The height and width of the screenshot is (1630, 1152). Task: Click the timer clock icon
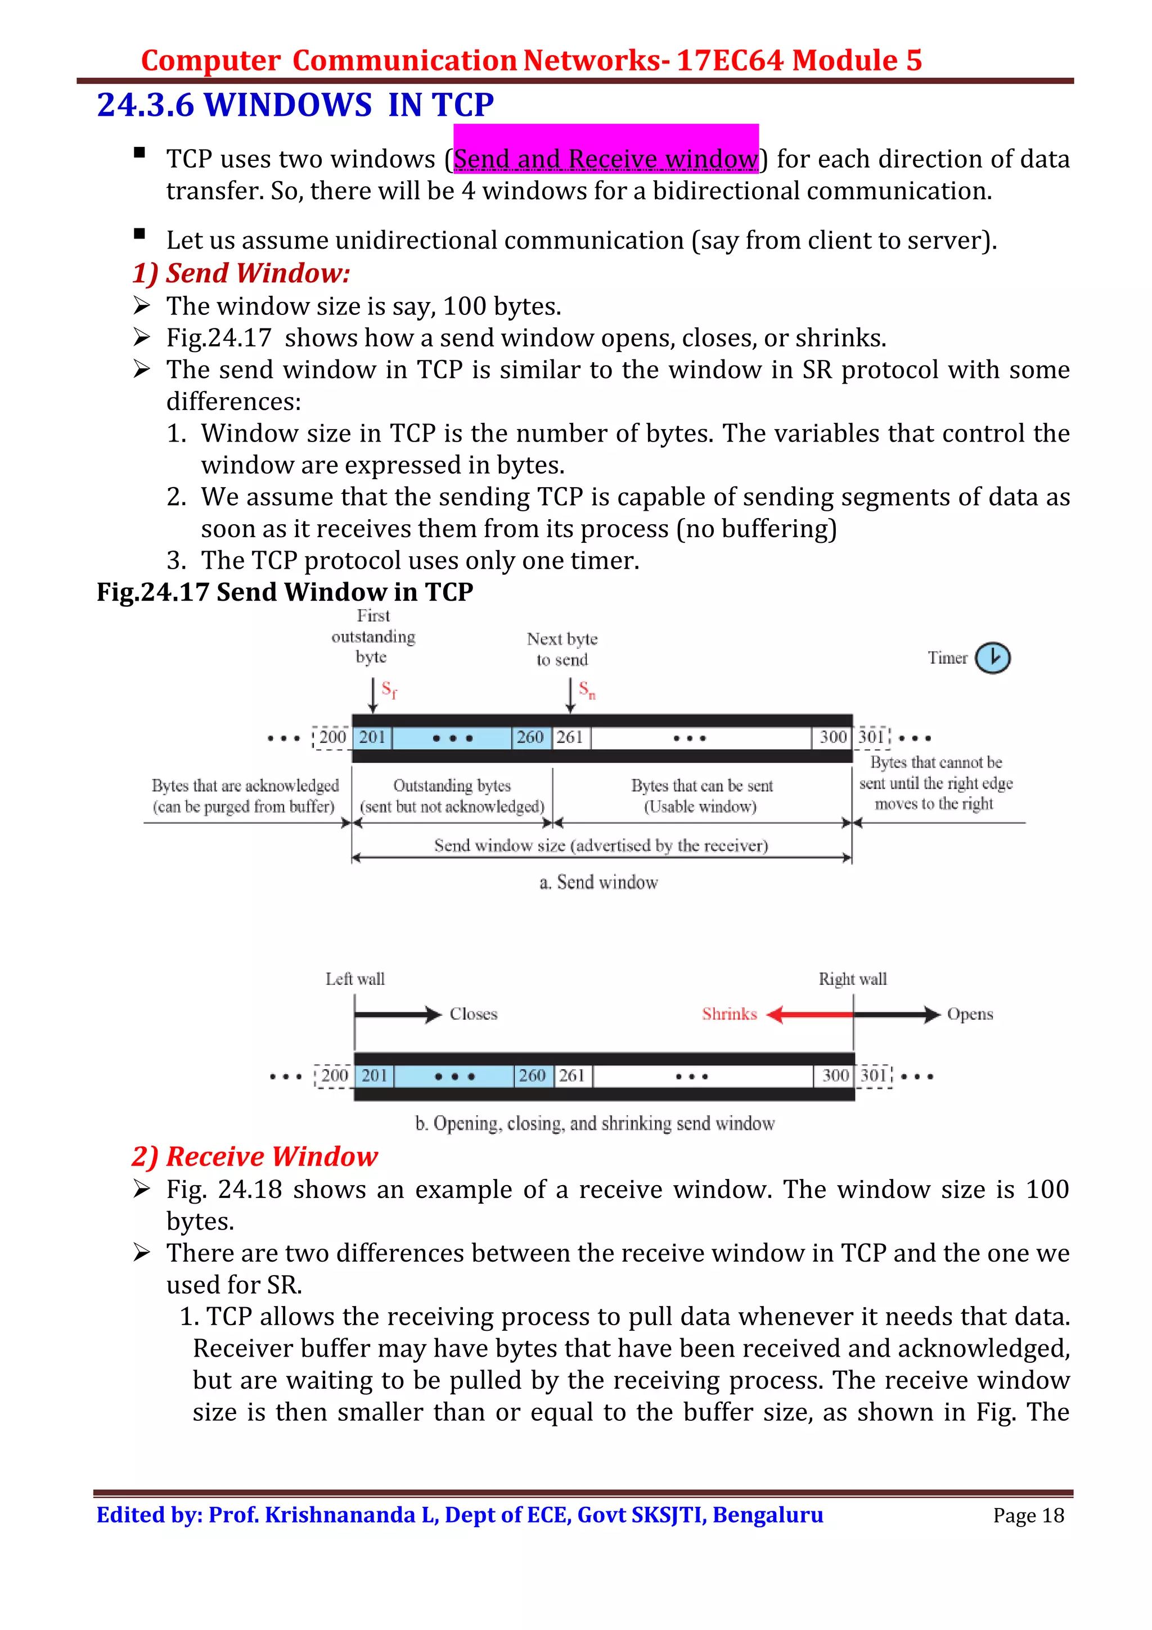pos(992,658)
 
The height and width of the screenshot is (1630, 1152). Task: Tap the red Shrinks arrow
pos(809,1015)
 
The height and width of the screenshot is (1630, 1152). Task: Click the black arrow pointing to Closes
pos(398,1015)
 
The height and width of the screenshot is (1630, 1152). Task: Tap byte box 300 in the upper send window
pos(832,737)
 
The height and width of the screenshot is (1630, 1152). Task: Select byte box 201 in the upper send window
pos(372,737)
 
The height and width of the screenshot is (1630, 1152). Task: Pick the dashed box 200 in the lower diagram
pos(334,1075)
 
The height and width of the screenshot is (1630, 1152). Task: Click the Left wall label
pos(355,979)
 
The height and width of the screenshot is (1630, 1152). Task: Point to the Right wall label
pos(852,979)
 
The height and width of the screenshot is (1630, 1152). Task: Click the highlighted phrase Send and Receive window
pos(605,157)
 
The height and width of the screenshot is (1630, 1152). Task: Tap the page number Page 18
pos(1028,1516)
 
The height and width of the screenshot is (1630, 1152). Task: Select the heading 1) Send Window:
pos(241,273)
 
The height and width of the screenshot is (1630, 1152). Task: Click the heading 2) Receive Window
pos(254,1156)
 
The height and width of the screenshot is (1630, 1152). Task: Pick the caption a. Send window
pos(598,882)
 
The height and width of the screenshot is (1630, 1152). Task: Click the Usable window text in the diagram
pos(700,807)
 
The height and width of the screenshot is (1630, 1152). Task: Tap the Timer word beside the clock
pos(947,658)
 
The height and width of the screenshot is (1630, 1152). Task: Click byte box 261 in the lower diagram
pos(572,1075)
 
